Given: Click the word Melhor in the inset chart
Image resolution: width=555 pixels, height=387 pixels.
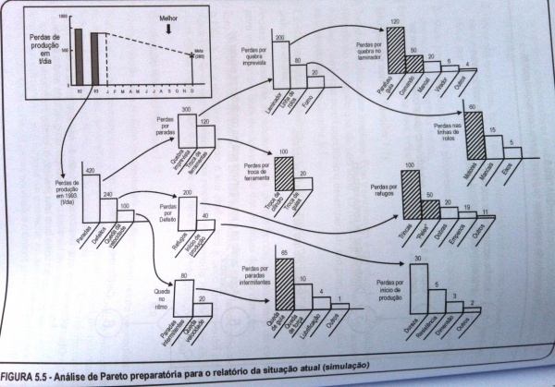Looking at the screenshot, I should pyautogui.click(x=168, y=17).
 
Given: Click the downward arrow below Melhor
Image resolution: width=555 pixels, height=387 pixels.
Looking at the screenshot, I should pyautogui.click(x=167, y=28).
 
